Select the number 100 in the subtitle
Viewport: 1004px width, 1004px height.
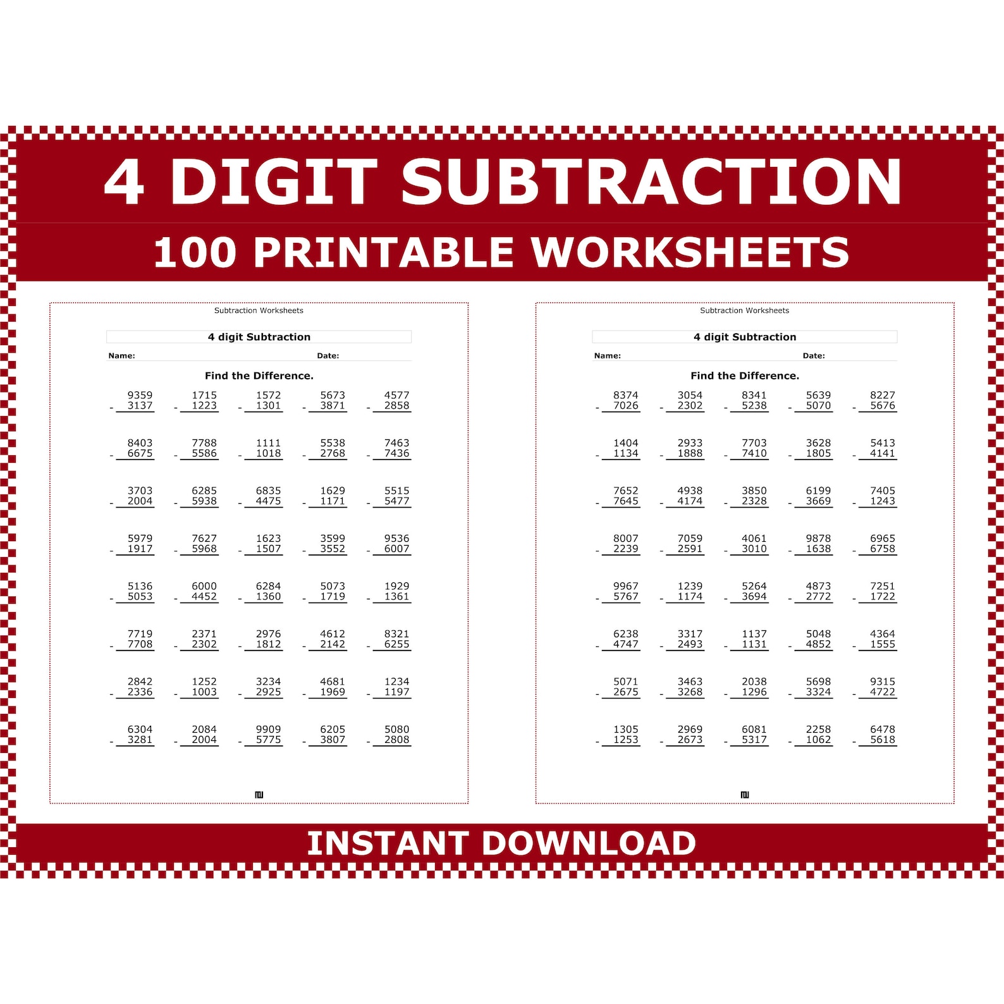click(195, 252)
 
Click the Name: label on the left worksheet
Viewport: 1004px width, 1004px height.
click(121, 356)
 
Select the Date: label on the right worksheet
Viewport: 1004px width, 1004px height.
click(814, 356)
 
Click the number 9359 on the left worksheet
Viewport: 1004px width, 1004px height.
click(140, 395)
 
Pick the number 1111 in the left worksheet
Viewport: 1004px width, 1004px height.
click(268, 443)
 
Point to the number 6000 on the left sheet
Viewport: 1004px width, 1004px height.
click(204, 586)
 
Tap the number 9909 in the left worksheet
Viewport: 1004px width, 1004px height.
click(268, 730)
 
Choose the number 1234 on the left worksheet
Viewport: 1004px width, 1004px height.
click(396, 682)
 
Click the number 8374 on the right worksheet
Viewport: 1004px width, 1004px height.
click(625, 395)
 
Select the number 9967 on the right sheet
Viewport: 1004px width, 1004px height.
click(625, 586)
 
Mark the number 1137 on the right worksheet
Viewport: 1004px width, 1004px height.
click(754, 634)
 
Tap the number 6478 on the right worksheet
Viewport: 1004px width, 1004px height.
click(882, 730)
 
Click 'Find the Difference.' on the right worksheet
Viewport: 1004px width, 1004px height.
click(744, 376)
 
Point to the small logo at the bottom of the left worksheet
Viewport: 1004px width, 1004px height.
click(259, 795)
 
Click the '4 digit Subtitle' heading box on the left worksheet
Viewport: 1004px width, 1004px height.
click(259, 337)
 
